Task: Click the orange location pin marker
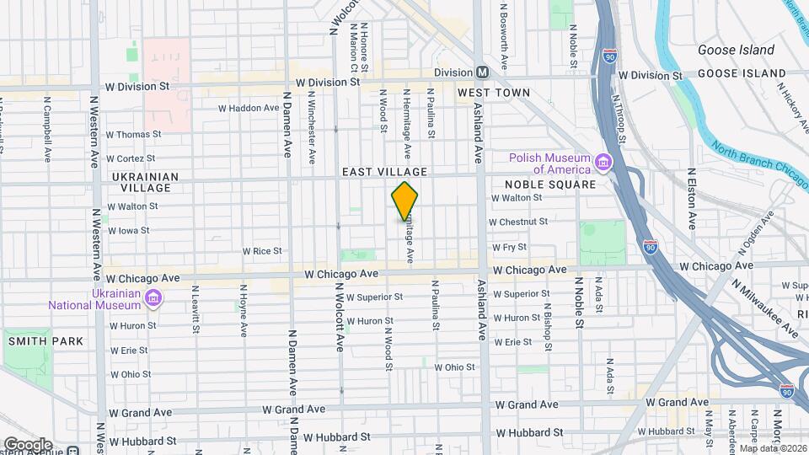tap(404, 201)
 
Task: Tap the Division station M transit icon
tap(483, 72)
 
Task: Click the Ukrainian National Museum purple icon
tap(153, 297)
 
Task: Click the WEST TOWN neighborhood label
tap(494, 93)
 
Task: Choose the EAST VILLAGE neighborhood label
tap(384, 172)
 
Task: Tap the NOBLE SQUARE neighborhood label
tap(549, 185)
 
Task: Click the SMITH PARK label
tap(46, 341)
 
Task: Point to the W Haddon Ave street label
tap(248, 108)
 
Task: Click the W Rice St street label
tap(262, 251)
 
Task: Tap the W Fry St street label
tap(509, 247)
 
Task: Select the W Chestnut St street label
tap(520, 222)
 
